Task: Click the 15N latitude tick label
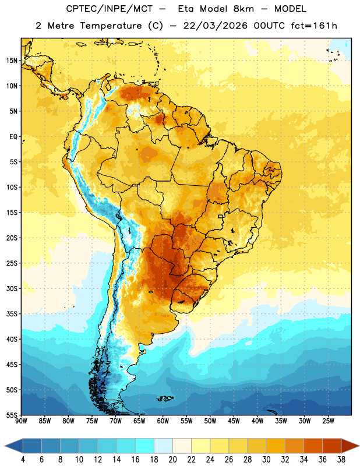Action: tap(12, 61)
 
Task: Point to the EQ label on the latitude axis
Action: tap(13, 137)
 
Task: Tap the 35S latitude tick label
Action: tap(12, 314)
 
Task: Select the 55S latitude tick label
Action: tap(12, 415)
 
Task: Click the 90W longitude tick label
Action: tap(21, 421)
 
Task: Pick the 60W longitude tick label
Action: tap(163, 421)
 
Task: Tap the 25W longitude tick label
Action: tap(328, 421)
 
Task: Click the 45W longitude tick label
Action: tap(234, 421)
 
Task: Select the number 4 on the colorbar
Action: tap(23, 460)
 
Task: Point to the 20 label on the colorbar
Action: tap(172, 460)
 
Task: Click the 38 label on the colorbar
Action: tap(341, 460)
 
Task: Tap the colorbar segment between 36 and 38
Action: tap(332, 446)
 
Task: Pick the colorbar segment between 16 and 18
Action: tap(145, 446)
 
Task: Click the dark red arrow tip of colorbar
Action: tap(359, 446)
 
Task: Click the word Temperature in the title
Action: tap(111, 26)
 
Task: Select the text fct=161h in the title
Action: tap(314, 26)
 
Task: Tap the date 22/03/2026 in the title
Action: tap(216, 26)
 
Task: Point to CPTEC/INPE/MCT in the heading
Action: tap(110, 9)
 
